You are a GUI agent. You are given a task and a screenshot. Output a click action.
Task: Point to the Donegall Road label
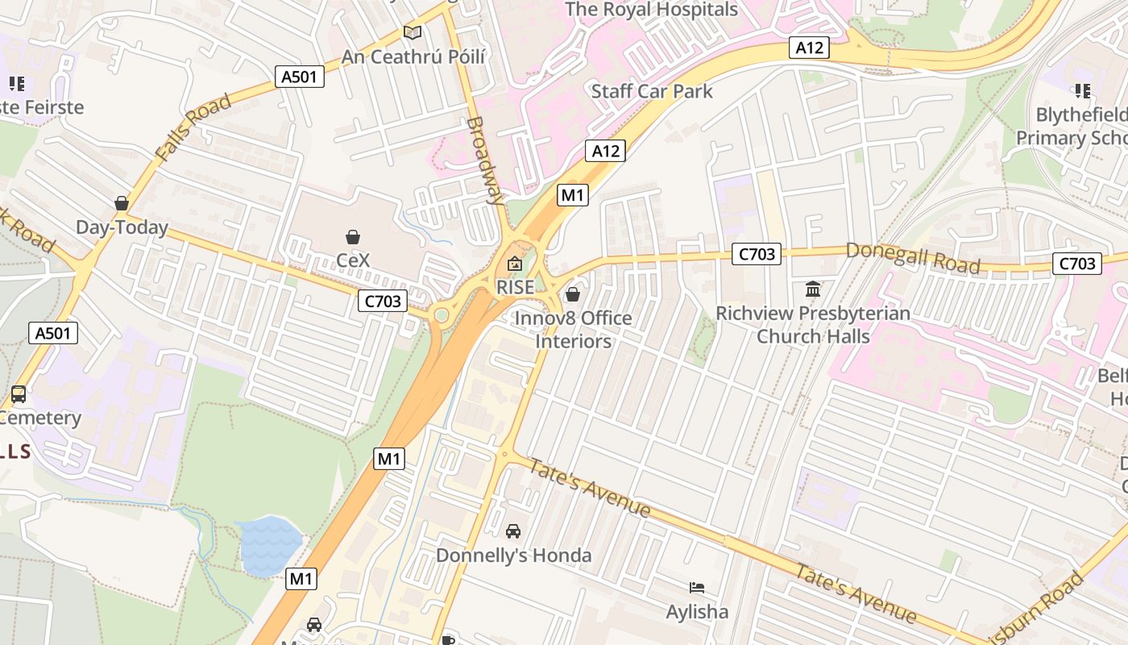click(x=912, y=258)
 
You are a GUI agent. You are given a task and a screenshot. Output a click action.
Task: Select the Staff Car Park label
click(x=652, y=91)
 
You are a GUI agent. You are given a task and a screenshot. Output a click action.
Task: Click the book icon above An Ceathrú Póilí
click(x=413, y=33)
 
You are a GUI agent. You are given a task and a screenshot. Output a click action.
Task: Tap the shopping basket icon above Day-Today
click(x=122, y=203)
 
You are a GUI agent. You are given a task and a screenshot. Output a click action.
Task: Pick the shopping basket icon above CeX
click(x=352, y=237)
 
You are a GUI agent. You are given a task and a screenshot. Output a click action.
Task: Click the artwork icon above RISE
click(x=514, y=264)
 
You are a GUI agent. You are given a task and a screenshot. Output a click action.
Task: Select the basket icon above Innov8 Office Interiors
click(x=573, y=294)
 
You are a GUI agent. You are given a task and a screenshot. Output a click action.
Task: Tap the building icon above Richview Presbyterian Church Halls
click(x=813, y=289)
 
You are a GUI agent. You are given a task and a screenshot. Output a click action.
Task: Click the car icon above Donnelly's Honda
click(x=513, y=531)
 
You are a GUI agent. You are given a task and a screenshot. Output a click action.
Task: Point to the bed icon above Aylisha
click(x=697, y=588)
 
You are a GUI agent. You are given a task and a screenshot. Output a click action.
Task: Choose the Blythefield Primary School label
click(x=1072, y=126)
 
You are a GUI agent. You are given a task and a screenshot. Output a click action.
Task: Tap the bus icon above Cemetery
click(x=19, y=394)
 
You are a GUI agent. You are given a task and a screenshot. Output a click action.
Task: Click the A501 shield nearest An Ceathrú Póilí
click(x=300, y=77)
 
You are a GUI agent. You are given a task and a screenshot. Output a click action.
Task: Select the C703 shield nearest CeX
click(x=383, y=302)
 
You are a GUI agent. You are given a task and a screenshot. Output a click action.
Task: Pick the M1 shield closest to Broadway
click(x=573, y=194)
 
